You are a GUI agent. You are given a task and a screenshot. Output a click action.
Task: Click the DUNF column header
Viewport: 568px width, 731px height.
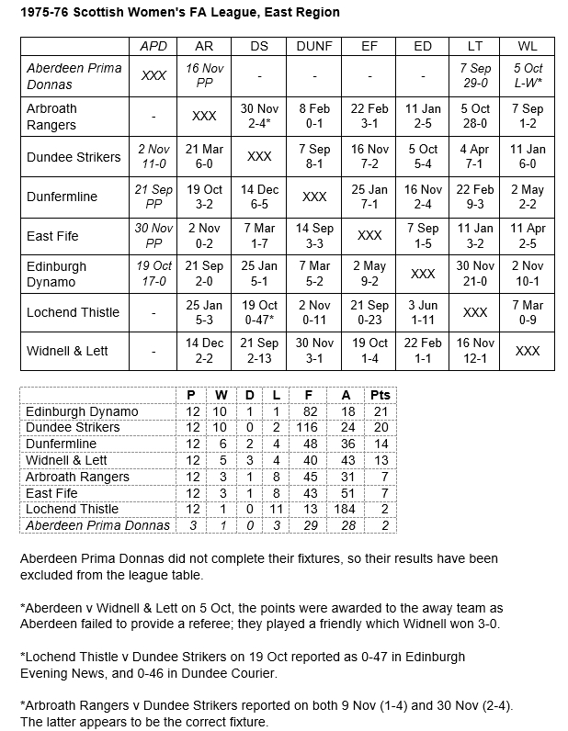(x=314, y=46)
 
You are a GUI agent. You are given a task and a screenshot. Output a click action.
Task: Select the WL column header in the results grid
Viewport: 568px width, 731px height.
(x=528, y=46)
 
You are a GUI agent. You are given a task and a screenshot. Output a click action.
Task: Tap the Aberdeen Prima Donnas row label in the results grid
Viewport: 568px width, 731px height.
(x=74, y=76)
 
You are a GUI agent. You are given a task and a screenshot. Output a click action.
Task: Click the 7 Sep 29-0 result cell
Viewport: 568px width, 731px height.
(x=475, y=76)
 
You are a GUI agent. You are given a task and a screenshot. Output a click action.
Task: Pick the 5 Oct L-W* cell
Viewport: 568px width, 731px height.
(x=528, y=76)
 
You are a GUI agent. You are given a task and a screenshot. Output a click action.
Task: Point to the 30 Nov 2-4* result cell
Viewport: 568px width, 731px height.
(x=259, y=116)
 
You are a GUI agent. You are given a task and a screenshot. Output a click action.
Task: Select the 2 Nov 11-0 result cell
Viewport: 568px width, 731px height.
(x=153, y=156)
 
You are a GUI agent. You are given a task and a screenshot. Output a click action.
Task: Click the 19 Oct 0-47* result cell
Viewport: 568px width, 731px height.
(x=259, y=312)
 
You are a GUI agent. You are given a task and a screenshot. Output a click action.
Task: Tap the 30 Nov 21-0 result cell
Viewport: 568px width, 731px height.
(x=475, y=274)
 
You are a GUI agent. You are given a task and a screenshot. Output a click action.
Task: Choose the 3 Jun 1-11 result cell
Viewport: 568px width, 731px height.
(x=423, y=312)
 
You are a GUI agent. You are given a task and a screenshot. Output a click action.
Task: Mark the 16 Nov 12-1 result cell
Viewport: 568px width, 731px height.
(x=475, y=351)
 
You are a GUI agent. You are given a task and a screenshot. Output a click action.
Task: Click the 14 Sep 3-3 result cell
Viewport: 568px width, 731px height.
(x=314, y=235)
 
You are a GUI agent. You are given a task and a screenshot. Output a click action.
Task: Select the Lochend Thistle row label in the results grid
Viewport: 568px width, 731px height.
(x=74, y=312)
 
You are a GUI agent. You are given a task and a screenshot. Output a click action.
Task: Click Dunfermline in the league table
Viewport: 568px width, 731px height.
(x=62, y=444)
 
